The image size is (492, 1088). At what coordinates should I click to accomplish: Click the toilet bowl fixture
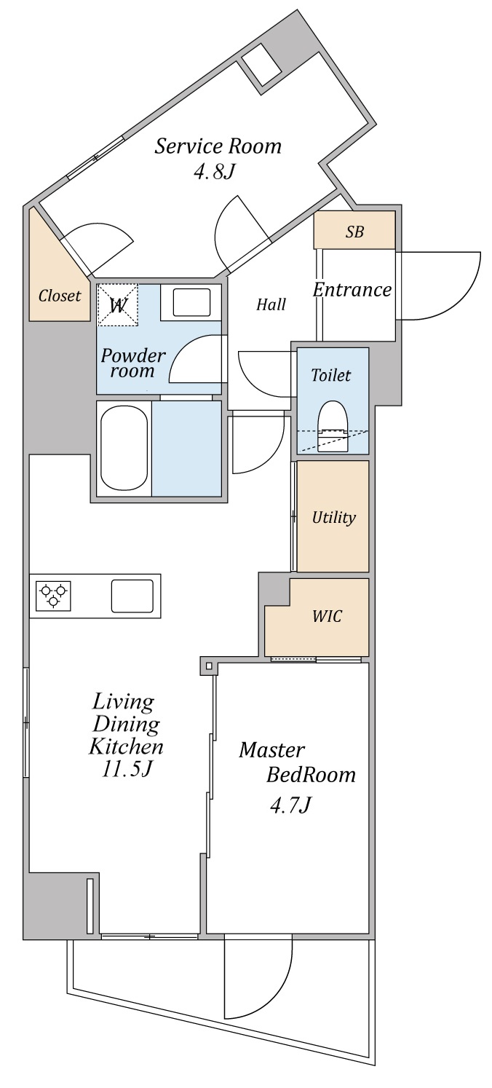tap(333, 426)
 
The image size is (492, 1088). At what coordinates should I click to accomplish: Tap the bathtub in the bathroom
tap(124, 448)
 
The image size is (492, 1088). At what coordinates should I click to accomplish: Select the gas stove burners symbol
tap(53, 596)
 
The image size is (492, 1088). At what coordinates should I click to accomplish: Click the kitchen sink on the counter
tap(132, 596)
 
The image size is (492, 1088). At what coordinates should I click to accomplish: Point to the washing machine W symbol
tap(117, 305)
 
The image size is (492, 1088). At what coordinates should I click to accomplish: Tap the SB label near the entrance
tap(354, 232)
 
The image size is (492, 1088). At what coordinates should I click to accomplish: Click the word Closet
tap(60, 296)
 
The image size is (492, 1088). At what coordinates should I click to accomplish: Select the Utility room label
tap(334, 518)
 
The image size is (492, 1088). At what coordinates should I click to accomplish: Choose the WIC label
tap(328, 616)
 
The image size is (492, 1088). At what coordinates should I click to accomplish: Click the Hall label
tap(271, 304)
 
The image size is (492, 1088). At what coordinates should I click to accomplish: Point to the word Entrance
tap(352, 290)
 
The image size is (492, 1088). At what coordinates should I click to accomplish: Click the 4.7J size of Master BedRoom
tap(290, 805)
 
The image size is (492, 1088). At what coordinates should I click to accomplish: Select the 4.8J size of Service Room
tap(214, 172)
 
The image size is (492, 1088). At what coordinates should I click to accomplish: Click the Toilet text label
tap(331, 375)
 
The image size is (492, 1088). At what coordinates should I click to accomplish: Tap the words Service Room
tap(218, 146)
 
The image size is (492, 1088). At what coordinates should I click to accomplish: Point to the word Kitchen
tap(126, 746)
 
